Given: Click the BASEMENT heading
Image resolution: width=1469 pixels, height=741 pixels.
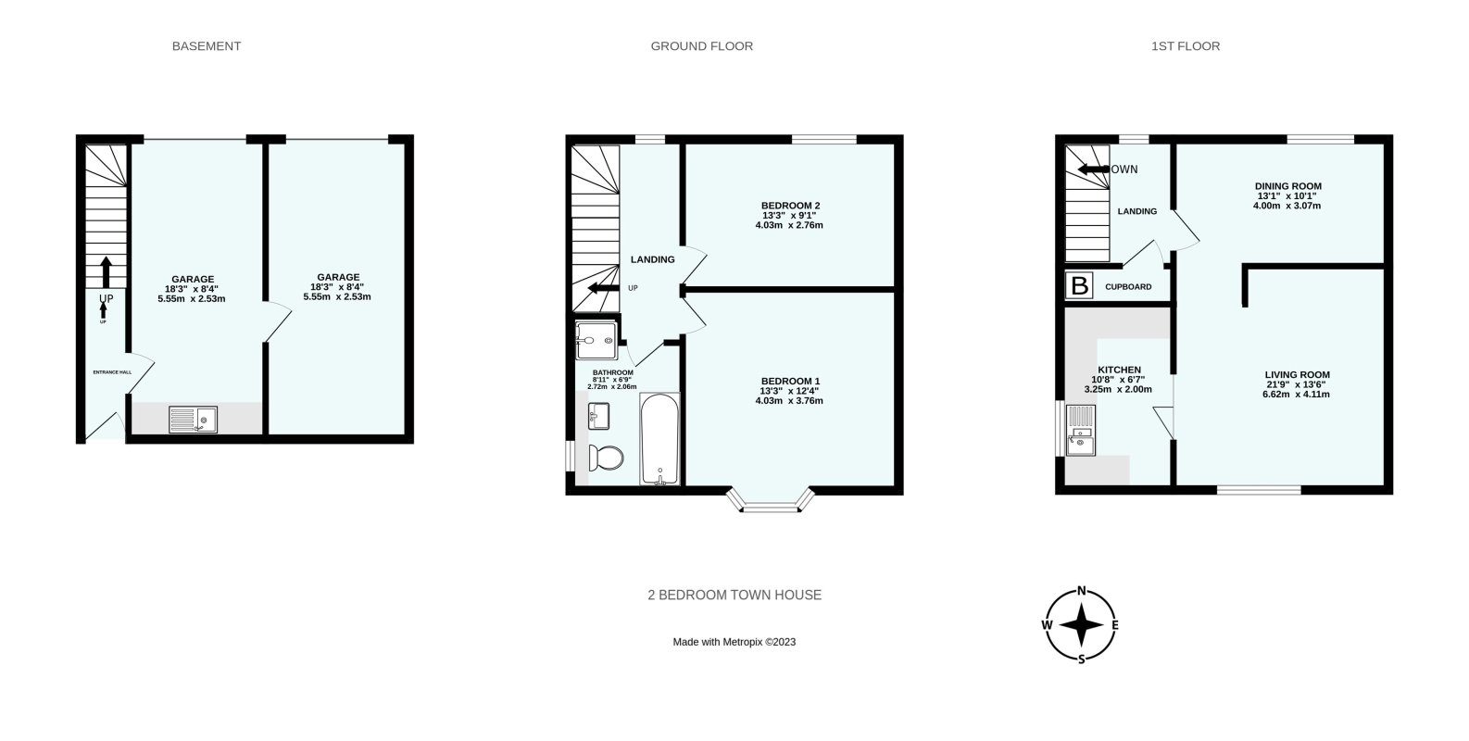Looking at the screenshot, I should coord(207,46).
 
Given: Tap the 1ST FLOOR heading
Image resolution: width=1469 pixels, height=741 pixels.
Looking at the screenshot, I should coord(1186,46).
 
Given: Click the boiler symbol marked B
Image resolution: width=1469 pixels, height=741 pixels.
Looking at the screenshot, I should coord(1079,286).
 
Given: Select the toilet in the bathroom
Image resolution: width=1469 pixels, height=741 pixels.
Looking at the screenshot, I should coord(607,458).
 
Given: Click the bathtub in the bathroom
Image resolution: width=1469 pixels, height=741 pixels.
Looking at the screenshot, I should coord(660,439).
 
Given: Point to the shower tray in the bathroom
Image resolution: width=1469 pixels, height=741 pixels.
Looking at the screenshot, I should coord(596,340).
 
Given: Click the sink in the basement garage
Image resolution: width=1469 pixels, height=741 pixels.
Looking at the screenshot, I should coord(193,421).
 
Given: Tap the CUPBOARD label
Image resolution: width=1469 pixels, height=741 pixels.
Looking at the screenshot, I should coord(1128,287).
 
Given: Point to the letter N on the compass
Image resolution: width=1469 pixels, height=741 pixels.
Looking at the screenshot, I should coord(1081,592).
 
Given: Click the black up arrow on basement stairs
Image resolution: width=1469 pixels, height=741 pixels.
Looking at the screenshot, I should coord(106,271).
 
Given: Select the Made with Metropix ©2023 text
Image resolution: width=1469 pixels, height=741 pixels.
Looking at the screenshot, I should coord(734,642).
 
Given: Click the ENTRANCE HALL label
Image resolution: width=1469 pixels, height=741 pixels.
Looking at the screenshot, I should coord(112,372).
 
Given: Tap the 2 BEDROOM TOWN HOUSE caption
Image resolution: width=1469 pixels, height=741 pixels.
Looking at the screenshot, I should coord(734,596).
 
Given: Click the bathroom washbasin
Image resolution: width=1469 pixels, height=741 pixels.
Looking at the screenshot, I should coord(598,417).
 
